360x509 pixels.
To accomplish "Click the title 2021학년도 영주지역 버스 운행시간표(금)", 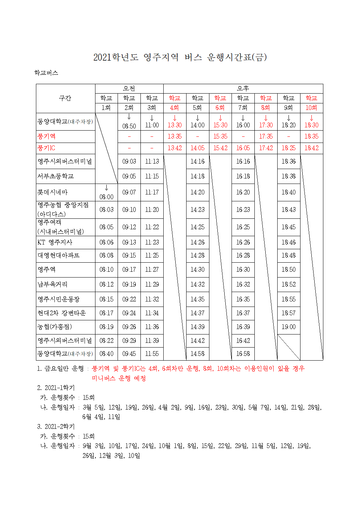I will (x=180, y=57).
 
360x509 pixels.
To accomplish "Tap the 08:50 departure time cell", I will (x=129, y=126).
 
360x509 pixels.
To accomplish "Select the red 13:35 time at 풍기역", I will (x=175, y=136).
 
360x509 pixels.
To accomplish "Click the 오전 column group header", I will (x=129, y=88).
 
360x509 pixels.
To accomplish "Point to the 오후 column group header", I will (x=243, y=88).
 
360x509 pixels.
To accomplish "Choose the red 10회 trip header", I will (x=311, y=108).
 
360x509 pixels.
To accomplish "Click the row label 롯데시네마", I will (x=53, y=192).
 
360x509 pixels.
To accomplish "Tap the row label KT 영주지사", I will (x=55, y=242).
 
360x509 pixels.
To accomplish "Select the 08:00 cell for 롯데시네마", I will (x=106, y=197).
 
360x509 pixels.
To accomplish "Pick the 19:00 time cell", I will (x=289, y=327).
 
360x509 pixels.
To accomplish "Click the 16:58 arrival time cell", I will (x=243, y=354).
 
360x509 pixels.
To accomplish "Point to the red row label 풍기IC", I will (x=46, y=148).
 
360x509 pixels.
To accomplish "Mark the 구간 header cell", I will (x=65, y=98).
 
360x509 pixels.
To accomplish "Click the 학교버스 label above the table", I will (x=46, y=73).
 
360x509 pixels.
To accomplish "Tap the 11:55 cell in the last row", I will (x=152, y=354).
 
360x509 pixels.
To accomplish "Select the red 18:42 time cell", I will (x=311, y=148).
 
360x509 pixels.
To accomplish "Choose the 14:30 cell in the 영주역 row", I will (x=197, y=270).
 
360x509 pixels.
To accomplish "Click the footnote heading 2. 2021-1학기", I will (x=56, y=388).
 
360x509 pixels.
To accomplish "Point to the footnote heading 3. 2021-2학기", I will (x=56, y=427).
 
